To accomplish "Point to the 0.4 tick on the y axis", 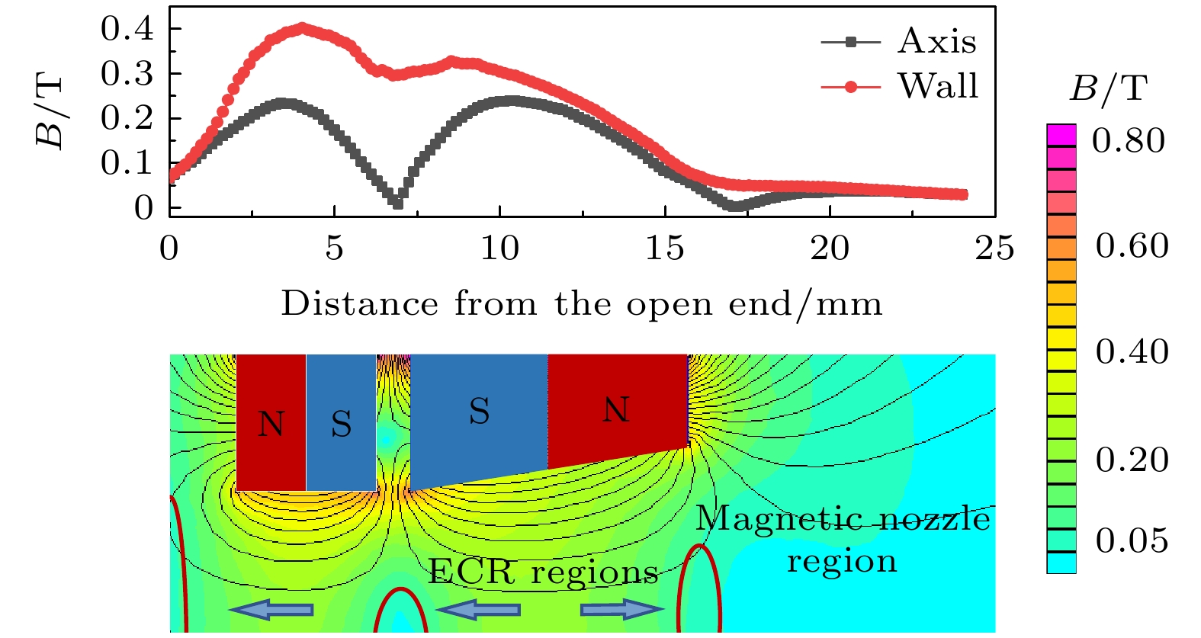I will point(127,29).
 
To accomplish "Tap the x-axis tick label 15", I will point(664,248).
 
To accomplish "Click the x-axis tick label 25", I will point(994,248).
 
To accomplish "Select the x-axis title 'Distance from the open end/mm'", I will point(581,303).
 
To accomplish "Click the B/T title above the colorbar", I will point(1107,89).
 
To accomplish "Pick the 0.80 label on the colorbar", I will point(1128,140).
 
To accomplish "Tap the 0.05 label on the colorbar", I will point(1132,540).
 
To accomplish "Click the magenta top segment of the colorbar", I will point(1061,135).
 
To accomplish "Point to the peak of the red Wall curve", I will point(303,28).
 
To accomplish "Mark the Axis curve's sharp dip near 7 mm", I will point(397,204).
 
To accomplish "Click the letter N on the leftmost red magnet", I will point(271,424).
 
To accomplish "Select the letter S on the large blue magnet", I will point(479,412).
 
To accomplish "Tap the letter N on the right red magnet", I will point(616,410).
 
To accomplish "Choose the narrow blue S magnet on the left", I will point(341,424).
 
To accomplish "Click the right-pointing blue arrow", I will point(622,609).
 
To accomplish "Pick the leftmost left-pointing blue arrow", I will point(271,609).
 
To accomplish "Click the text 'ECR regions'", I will point(543,572).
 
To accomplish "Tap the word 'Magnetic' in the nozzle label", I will point(768,519).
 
